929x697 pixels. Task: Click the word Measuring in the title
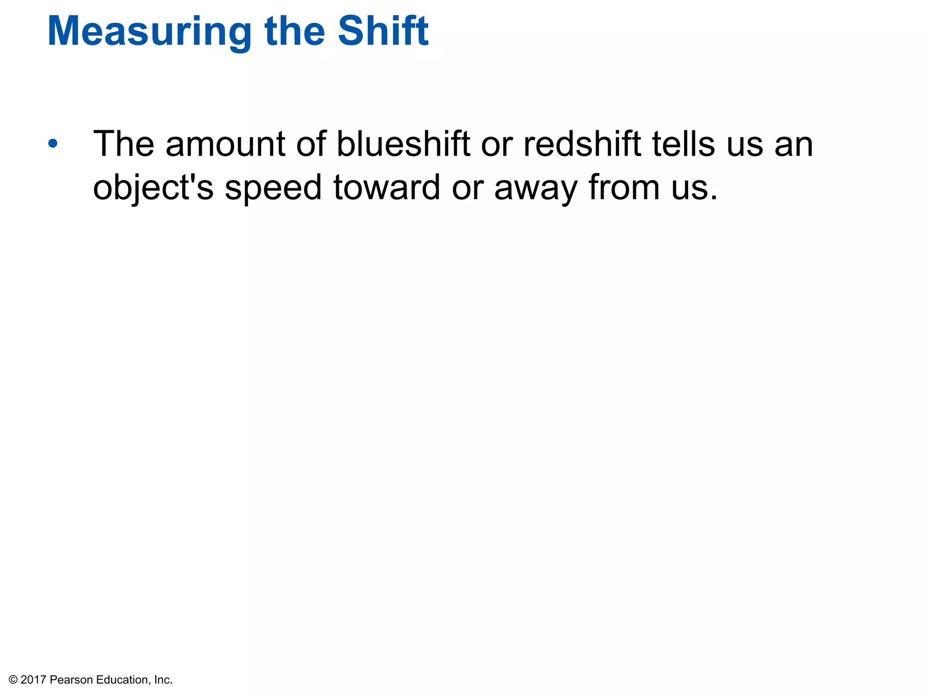pyautogui.click(x=149, y=32)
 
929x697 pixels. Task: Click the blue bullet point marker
pyautogui.click(x=53, y=144)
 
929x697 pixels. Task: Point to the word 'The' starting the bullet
pyautogui.click(x=123, y=144)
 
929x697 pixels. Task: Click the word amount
pyautogui.click(x=225, y=145)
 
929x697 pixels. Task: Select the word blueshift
pyautogui.click(x=403, y=144)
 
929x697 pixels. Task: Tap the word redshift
pyautogui.click(x=582, y=144)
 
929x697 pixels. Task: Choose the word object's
pyautogui.click(x=153, y=188)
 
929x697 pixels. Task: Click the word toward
pyautogui.click(x=386, y=187)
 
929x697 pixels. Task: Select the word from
pyautogui.click(x=624, y=187)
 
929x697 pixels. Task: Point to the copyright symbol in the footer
pyautogui.click(x=13, y=680)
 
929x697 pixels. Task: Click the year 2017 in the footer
pyautogui.click(x=34, y=680)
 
